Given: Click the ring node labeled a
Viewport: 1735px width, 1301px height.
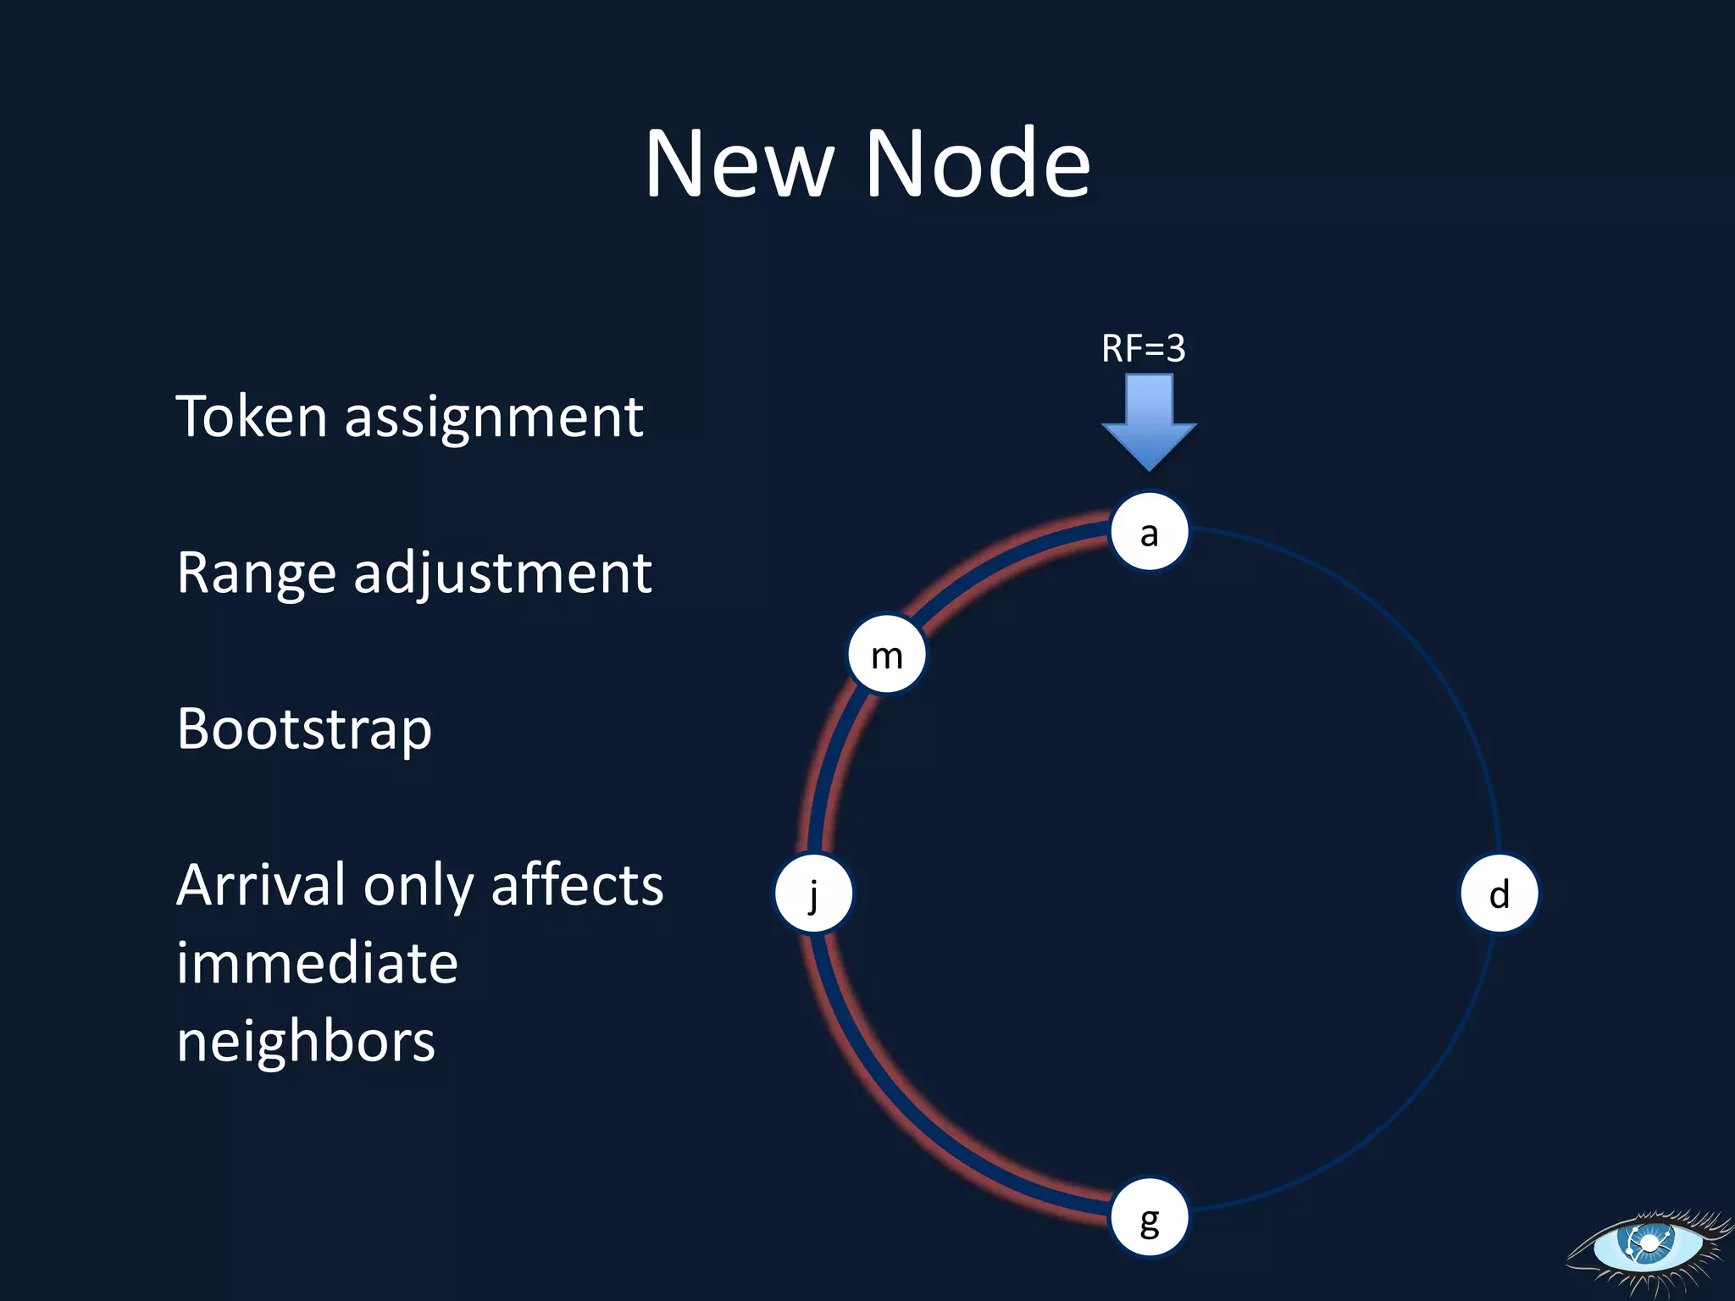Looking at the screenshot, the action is [1149, 532].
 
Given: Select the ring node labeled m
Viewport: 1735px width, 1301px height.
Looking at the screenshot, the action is [887, 655].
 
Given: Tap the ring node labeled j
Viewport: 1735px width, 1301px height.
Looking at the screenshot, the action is [814, 894].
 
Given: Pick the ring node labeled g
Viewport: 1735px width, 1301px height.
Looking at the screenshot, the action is [1149, 1218].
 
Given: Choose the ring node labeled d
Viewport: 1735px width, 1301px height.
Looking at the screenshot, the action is [1499, 894].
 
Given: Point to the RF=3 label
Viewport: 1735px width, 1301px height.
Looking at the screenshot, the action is [1143, 348].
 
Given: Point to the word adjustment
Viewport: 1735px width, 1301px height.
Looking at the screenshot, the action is [502, 574].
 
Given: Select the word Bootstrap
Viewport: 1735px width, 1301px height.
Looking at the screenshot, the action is [304, 730].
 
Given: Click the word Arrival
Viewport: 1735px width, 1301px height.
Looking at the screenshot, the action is [260, 886].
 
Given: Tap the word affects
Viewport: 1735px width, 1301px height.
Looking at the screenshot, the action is [577, 886].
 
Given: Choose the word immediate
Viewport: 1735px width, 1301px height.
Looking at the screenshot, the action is [317, 964].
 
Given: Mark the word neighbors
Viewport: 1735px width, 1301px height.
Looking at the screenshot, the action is [306, 1042].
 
